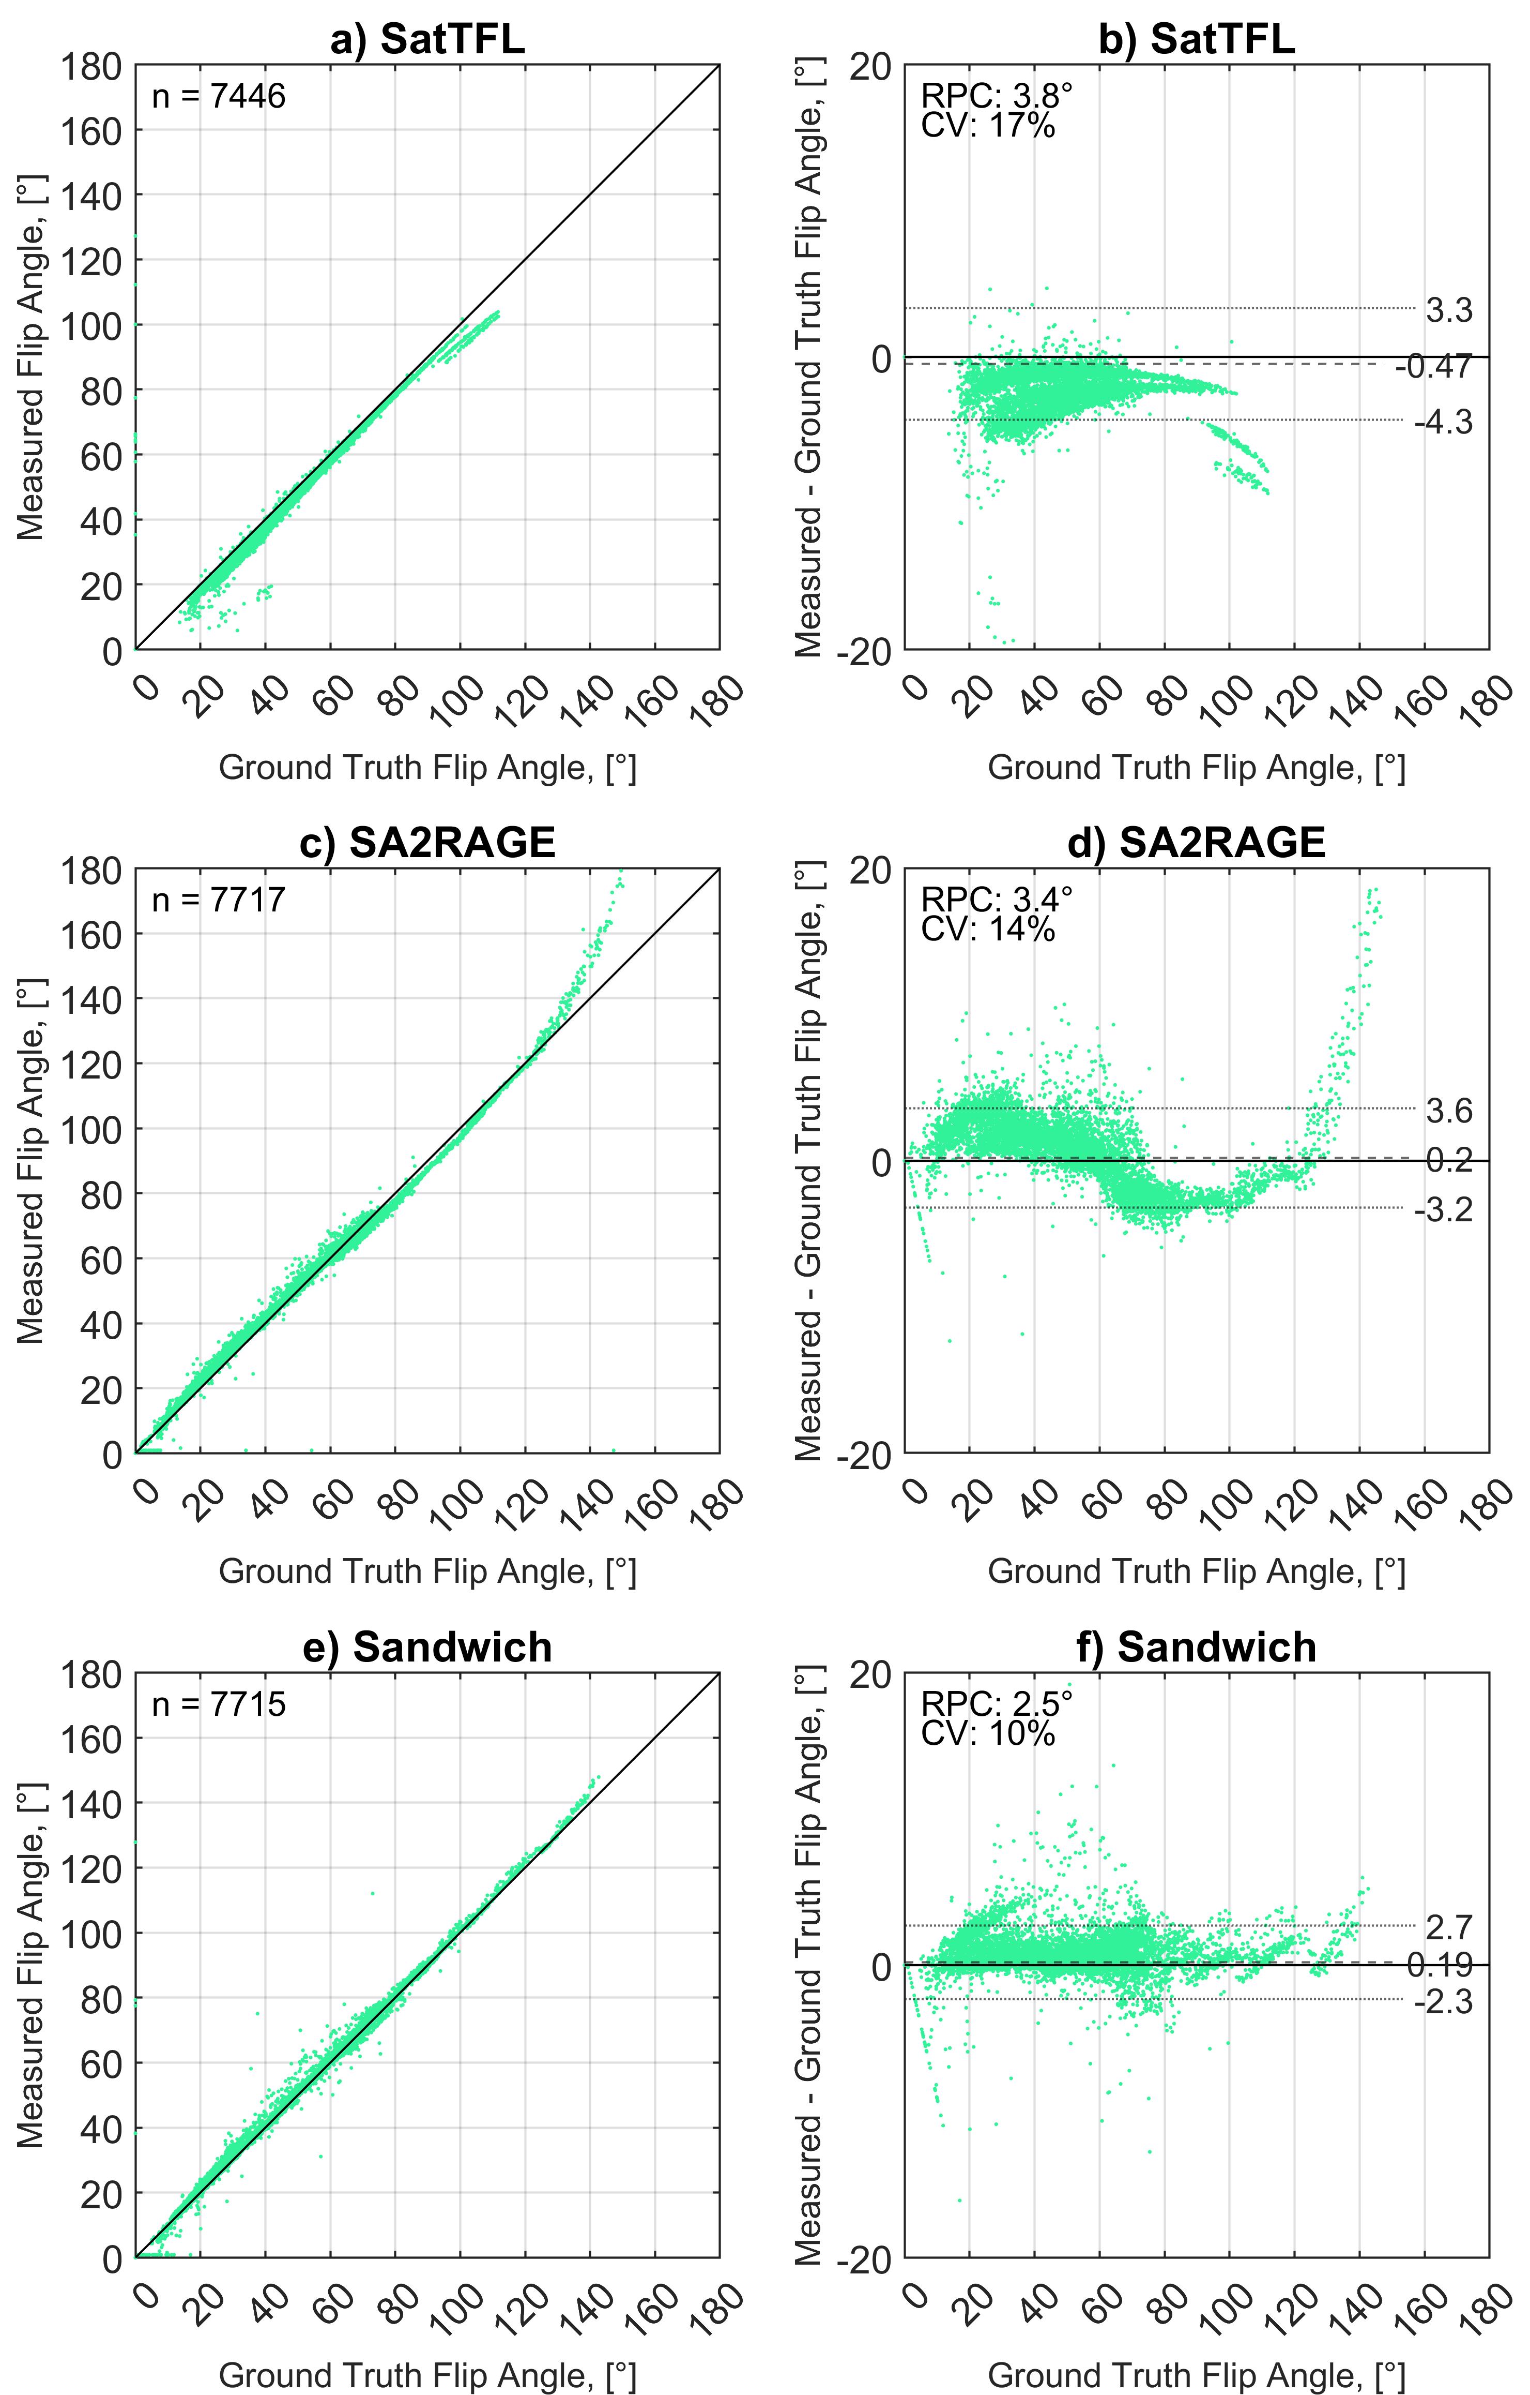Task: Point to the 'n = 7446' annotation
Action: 219,97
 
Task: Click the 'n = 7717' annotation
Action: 219,900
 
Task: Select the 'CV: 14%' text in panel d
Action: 988,929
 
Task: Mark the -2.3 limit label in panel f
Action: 1444,2000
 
